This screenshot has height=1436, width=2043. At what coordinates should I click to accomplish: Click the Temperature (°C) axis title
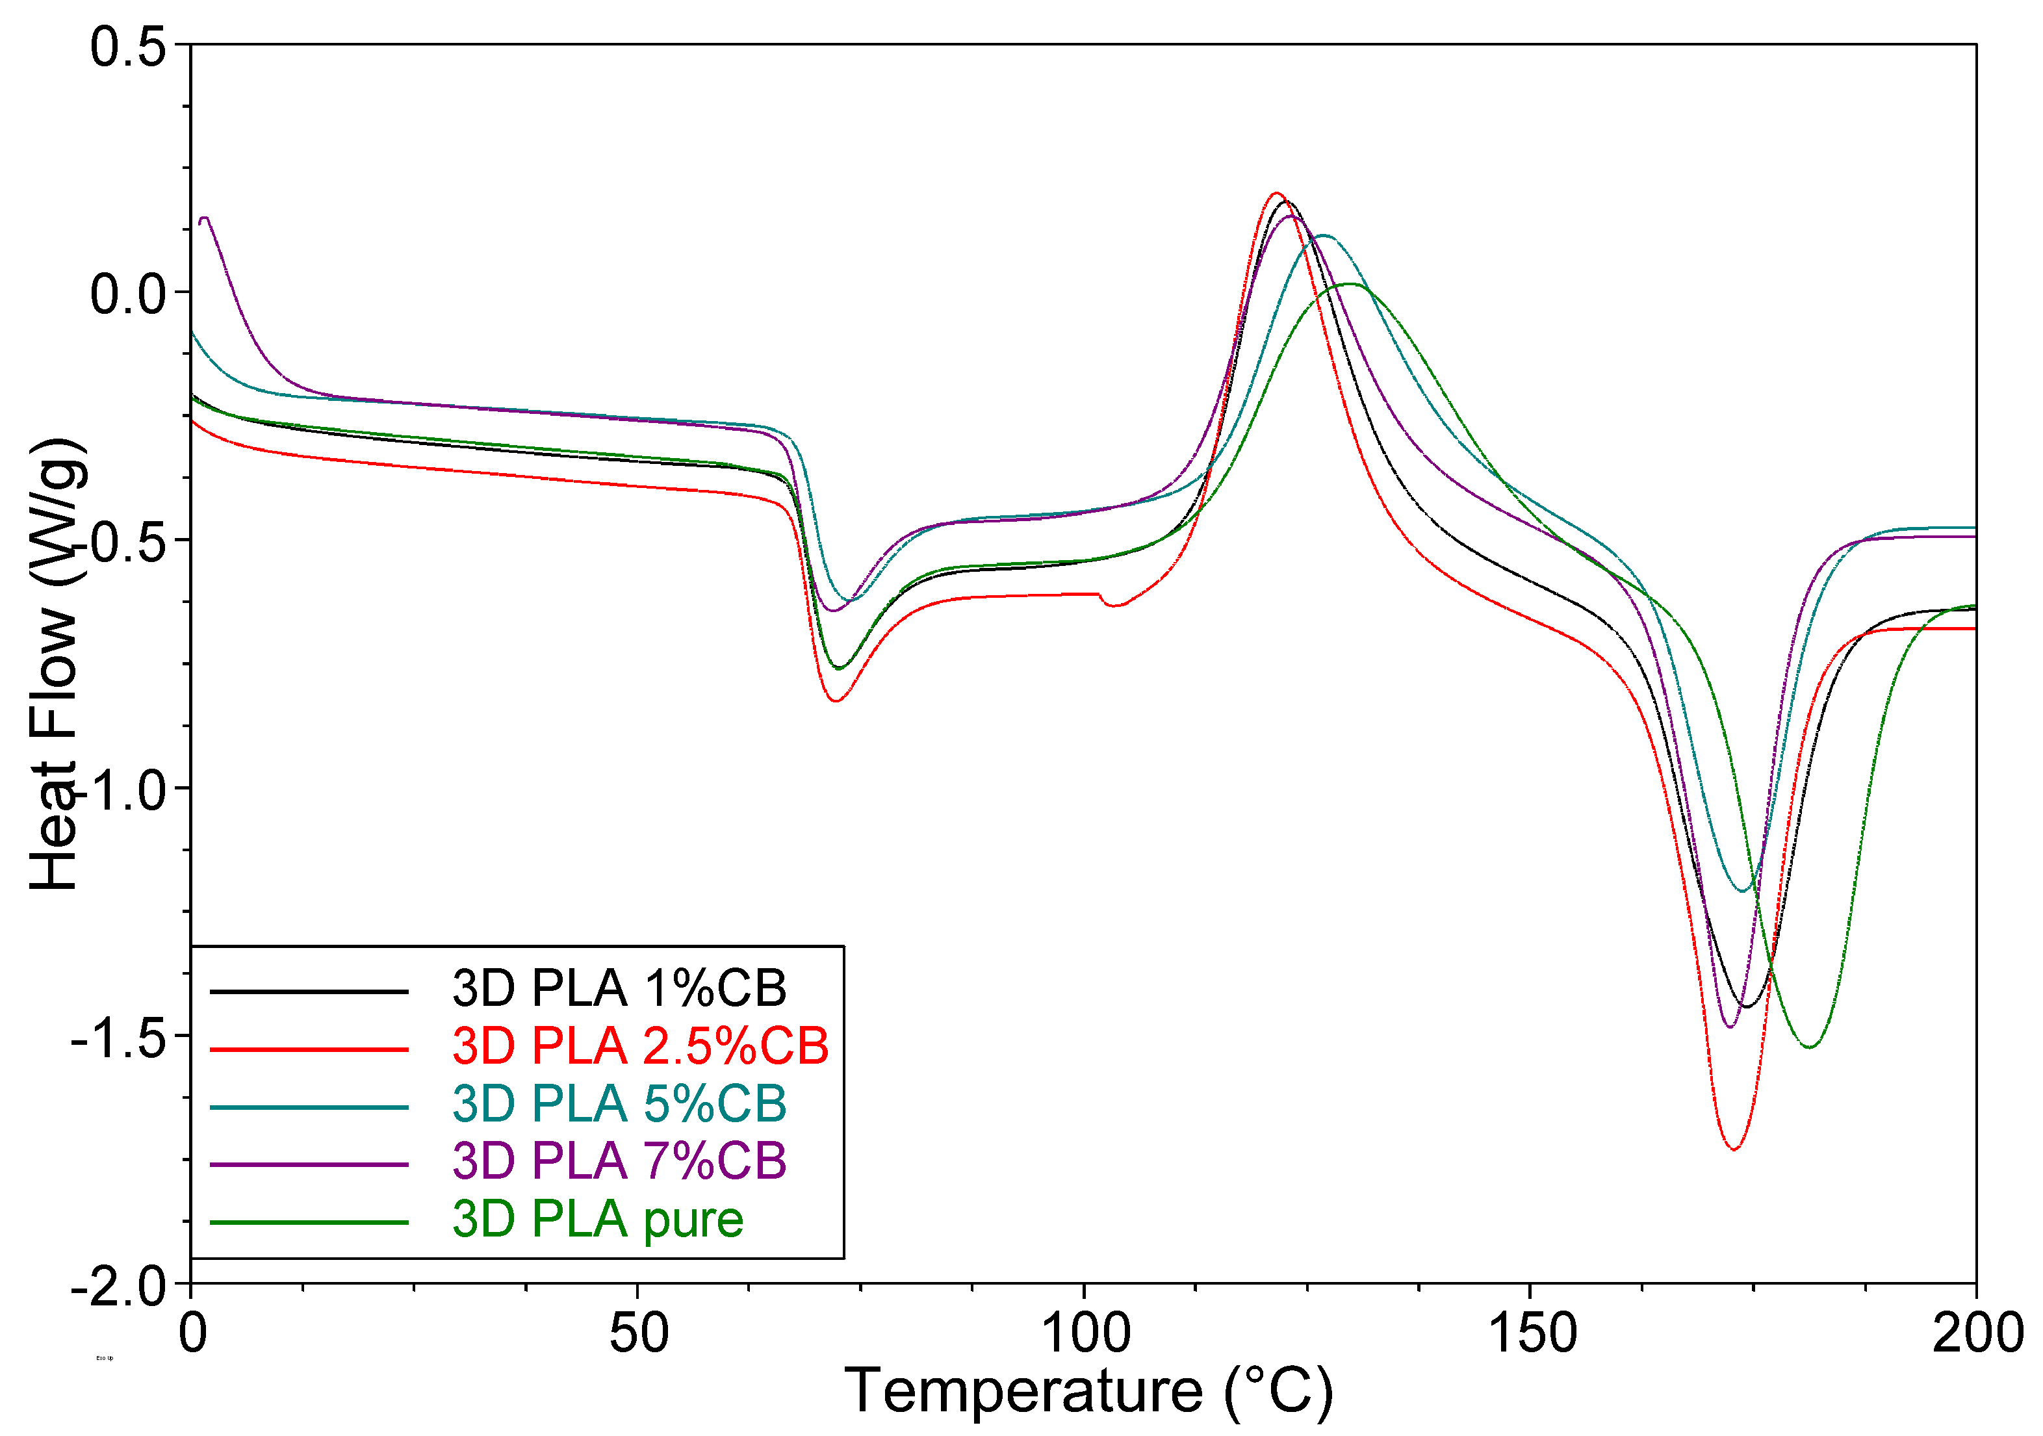coord(1087,1391)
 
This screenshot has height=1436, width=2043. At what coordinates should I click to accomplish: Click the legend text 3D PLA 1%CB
coord(619,988)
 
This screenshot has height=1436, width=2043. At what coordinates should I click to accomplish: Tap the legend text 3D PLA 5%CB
coord(619,1103)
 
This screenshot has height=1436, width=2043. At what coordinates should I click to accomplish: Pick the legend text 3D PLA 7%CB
coord(619,1160)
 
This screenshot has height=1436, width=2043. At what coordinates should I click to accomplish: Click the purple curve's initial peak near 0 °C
coord(205,217)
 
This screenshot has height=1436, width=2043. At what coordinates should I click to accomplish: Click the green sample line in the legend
coord(309,1222)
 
